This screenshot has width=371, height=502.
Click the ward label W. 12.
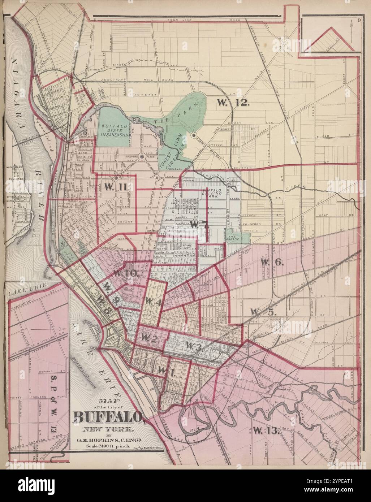(x=233, y=103)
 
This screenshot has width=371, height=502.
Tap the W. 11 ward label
(x=116, y=186)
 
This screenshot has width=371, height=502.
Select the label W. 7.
(x=199, y=224)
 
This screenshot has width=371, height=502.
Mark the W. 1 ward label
(x=166, y=371)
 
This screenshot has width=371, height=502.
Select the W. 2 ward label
(x=148, y=338)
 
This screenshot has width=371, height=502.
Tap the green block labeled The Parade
(x=237, y=237)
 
